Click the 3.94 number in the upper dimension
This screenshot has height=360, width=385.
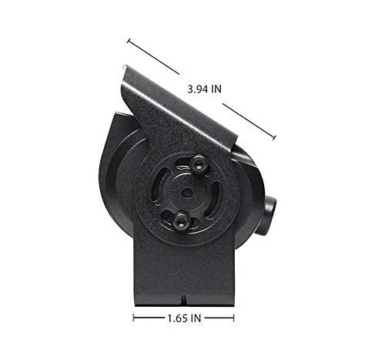pos(198,89)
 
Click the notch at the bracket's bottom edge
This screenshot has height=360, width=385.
pos(186,298)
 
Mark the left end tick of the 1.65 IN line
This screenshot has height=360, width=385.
pos(135,317)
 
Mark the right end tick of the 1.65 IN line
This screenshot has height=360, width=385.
pos(234,317)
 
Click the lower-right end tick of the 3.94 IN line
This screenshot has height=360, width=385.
pos(274,139)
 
